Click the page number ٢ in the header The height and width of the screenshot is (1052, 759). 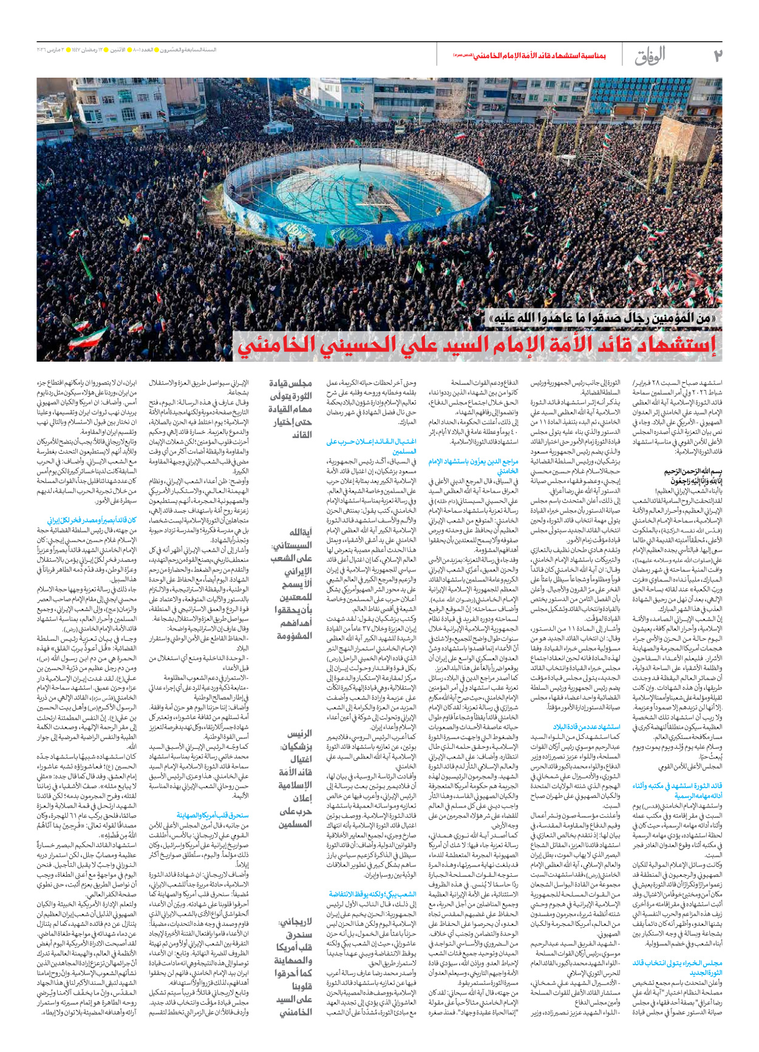click(x=716, y=56)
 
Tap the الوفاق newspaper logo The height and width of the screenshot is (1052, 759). click(x=650, y=56)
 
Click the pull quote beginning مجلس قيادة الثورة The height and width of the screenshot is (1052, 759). click(x=291, y=408)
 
